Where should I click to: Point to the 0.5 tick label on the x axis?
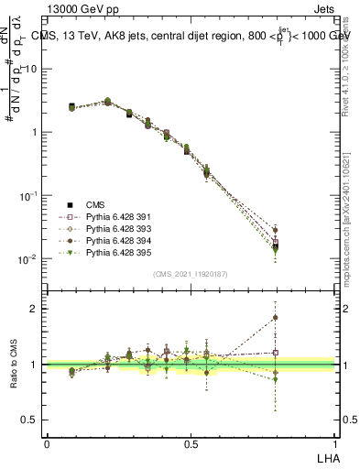pyautogui.click(x=191, y=444)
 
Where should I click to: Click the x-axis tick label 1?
pyautogui.click(x=335, y=444)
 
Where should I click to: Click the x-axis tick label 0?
pyautogui.click(x=47, y=444)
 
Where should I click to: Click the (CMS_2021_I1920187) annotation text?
pyautogui.click(x=191, y=274)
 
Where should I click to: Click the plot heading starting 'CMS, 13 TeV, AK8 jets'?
pyautogui.click(x=197, y=35)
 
